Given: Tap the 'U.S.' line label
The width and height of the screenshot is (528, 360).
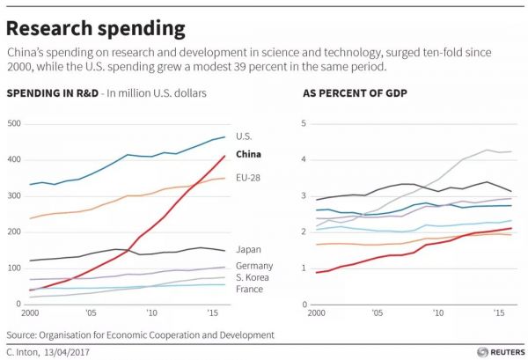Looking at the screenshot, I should [x=246, y=136].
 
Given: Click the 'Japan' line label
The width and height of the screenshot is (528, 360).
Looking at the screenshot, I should [x=250, y=250].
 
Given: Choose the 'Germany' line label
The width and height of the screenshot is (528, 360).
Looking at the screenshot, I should [x=254, y=266].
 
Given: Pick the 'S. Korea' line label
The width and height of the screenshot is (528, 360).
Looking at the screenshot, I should [x=253, y=277].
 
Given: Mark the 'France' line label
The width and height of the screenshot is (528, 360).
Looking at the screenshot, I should [x=250, y=290].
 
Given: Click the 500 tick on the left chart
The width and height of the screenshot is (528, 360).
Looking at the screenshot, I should [x=12, y=123].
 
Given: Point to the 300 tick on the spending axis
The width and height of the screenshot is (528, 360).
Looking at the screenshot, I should [x=12, y=195].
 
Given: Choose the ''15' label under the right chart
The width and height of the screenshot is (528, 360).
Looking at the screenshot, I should [x=499, y=313].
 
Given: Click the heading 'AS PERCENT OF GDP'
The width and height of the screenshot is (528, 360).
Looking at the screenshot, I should [x=348, y=93].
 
